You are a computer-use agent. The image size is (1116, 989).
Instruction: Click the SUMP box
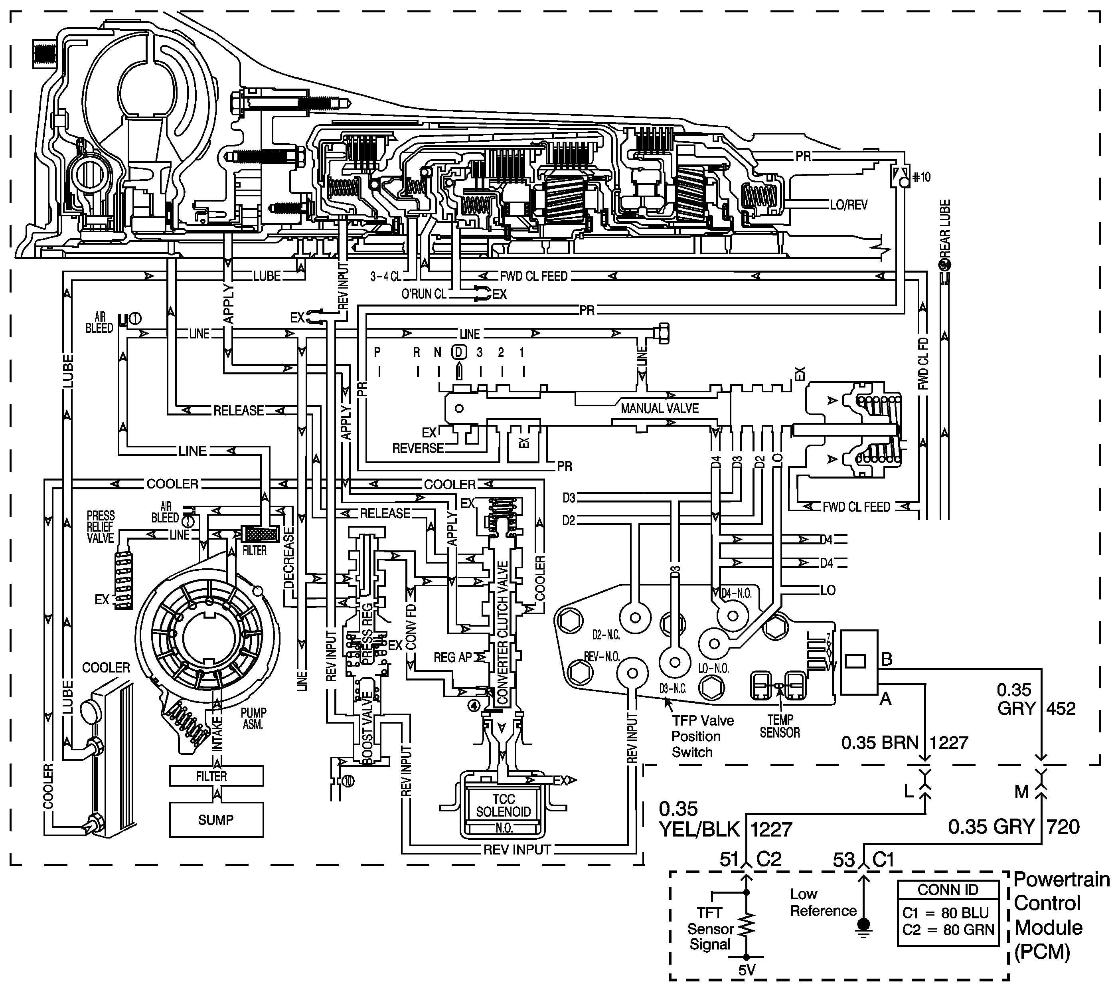216,820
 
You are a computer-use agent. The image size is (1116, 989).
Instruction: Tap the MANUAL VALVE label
660,408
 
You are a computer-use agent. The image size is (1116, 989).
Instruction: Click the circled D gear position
459,352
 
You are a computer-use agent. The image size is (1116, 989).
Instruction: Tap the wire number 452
1061,708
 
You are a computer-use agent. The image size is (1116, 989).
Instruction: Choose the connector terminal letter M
1021,792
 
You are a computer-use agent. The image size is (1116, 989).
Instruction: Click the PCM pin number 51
729,860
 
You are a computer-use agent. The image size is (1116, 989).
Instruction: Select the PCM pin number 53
843,860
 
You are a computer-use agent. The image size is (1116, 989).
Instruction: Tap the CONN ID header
948,890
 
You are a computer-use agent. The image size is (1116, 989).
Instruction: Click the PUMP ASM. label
253,719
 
